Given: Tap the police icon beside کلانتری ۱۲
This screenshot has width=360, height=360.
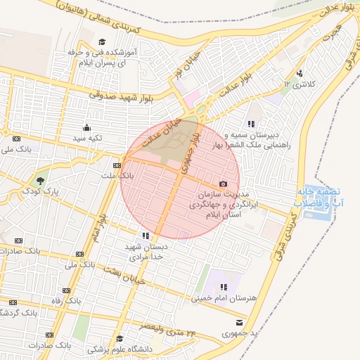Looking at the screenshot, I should pos(301,72).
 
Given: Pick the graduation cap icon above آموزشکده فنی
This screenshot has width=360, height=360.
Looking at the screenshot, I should pos(102,41).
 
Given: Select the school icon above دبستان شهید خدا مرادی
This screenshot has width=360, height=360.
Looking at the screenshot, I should pos(145,236).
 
